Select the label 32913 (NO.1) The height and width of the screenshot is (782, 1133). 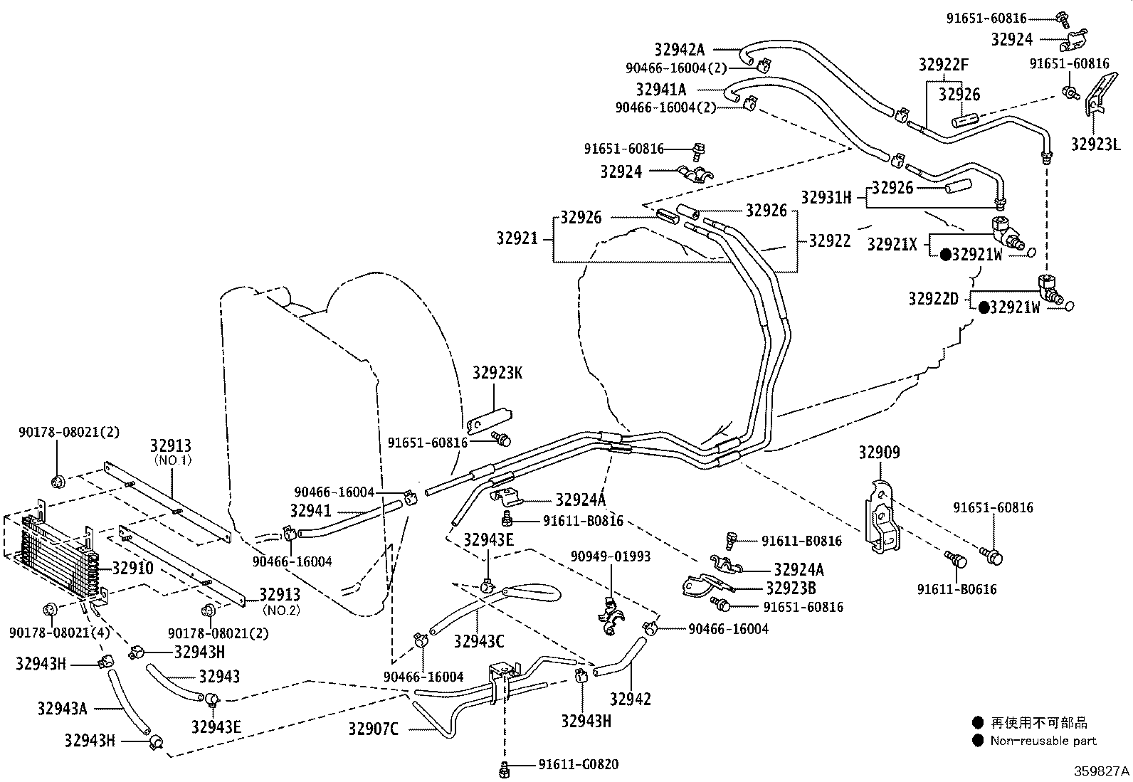pos(171,446)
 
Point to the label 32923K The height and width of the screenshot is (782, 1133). pos(497,373)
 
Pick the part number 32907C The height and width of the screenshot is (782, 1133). pos(373,729)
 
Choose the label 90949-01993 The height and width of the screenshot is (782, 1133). pos(611,556)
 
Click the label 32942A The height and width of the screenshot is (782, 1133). pos(679,50)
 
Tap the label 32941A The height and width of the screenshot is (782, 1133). pos(661,90)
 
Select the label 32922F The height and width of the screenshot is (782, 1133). pos(944,65)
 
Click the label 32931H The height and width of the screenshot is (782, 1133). pos(826,198)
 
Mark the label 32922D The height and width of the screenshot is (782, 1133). pos(933,299)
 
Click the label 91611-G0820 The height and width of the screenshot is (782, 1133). pos(578,765)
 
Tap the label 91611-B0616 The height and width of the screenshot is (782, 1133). pos(957,589)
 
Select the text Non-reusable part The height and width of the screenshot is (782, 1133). pos(1043,741)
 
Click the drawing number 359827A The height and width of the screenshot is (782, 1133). pos(1101,771)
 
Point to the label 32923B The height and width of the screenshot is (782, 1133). pos(791,588)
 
